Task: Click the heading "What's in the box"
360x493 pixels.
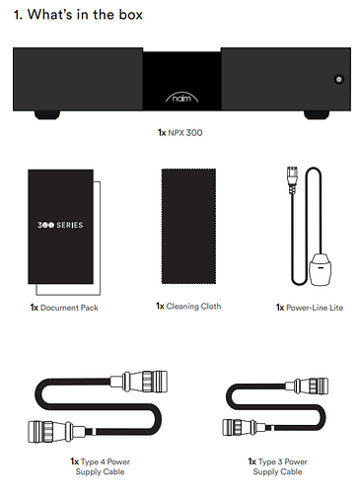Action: pos(85,15)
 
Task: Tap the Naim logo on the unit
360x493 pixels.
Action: pos(181,98)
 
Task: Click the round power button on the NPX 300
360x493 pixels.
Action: pos(339,79)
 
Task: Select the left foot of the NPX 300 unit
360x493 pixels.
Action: pos(47,114)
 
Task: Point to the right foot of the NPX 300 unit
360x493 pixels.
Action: pos(317,114)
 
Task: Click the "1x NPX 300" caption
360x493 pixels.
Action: pos(180,133)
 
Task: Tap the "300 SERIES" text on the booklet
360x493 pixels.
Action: pos(60,225)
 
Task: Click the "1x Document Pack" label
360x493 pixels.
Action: pos(64,308)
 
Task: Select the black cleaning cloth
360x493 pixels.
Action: pos(188,226)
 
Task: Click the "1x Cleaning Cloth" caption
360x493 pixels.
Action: pos(188,307)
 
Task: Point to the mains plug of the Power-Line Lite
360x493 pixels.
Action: pos(320,269)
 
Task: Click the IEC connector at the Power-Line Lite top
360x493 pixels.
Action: pos(292,179)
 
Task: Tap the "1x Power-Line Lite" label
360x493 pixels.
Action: pos(310,308)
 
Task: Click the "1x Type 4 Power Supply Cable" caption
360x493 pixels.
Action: pos(100,466)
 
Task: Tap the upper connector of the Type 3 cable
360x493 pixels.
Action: pos(307,386)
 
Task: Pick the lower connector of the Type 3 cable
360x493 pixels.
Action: pos(245,427)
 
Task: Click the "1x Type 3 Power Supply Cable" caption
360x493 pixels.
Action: pos(277,466)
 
